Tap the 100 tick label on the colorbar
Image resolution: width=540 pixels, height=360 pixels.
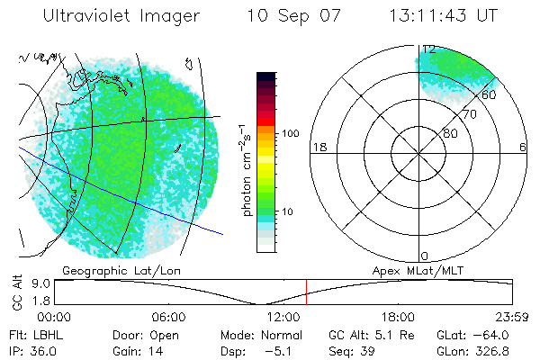[290, 133]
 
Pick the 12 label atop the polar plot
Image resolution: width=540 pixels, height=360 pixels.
[428, 49]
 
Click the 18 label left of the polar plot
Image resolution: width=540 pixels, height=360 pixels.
[318, 148]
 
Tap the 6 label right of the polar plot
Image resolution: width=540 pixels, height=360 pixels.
[524, 148]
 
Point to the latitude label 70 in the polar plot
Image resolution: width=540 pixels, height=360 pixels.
[469, 115]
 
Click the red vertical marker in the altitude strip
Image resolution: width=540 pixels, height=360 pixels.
[306, 292]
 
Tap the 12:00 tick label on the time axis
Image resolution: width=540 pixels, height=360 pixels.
[283, 318]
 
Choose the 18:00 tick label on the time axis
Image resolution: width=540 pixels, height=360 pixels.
[398, 318]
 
